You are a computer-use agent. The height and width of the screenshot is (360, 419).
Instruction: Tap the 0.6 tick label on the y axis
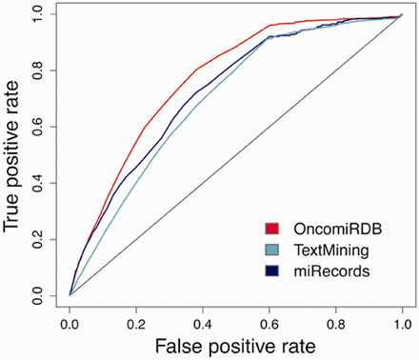click(x=44, y=127)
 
